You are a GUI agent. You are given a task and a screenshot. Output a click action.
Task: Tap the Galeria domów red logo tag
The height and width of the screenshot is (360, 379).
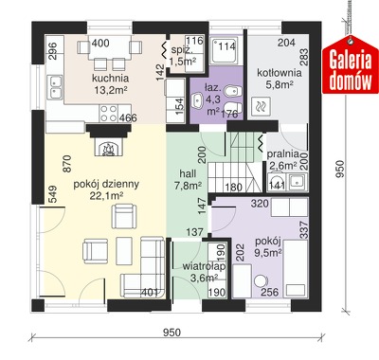(x=351, y=67)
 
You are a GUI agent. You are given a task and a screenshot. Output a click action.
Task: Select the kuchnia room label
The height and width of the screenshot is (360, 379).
(x=111, y=78)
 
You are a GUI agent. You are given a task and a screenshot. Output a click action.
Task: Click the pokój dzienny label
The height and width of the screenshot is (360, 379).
(x=106, y=185)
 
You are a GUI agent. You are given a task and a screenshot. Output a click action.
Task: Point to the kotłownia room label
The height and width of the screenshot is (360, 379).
(x=280, y=73)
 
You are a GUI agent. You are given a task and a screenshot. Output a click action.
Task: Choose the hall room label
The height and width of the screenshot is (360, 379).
(x=188, y=173)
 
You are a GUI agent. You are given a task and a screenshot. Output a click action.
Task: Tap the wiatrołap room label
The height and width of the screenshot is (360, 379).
(x=204, y=266)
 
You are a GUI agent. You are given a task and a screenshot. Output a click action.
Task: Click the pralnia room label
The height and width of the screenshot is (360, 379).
(x=283, y=154)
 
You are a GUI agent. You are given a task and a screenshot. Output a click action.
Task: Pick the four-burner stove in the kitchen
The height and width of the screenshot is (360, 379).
(x=109, y=114)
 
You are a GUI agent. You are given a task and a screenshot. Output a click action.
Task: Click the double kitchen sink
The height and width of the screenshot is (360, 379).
(x=55, y=87)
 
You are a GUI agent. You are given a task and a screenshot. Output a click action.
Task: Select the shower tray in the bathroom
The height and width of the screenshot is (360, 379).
(x=223, y=50)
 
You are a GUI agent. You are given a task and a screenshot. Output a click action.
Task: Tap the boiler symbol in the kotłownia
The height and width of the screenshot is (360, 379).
(x=261, y=106)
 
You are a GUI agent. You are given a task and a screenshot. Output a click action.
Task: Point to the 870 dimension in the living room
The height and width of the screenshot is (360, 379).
(x=67, y=163)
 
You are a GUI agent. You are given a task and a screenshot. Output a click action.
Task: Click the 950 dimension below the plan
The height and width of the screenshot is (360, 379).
(x=172, y=333)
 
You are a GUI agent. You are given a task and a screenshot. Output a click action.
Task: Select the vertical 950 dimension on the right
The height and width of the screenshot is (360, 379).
(x=340, y=169)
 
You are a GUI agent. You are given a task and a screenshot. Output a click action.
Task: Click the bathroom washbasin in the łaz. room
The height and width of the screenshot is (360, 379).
(x=198, y=100)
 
